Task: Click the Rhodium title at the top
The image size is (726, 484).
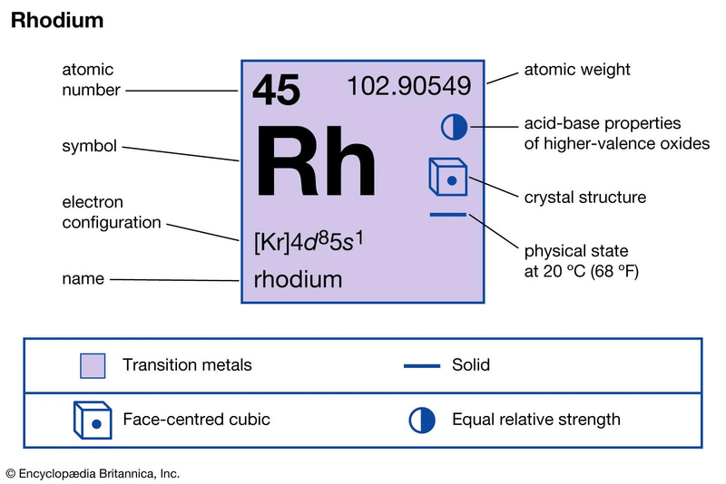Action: tap(57, 20)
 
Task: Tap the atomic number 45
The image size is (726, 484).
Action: tap(277, 90)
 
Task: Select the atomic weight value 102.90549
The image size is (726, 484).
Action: tap(409, 86)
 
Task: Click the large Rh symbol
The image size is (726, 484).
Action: tap(316, 160)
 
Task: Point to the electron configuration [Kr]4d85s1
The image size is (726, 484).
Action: tap(309, 242)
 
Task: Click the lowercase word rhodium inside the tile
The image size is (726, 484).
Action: tap(298, 279)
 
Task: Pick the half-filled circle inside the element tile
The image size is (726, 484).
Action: tap(454, 127)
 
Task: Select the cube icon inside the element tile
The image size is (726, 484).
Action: tap(447, 177)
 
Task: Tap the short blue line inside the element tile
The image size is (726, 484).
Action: tap(447, 215)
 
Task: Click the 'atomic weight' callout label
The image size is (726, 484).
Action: tap(577, 70)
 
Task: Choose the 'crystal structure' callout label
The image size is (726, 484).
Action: tap(584, 197)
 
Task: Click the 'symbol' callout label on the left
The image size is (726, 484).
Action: tap(89, 146)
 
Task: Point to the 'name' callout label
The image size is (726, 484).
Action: tap(83, 279)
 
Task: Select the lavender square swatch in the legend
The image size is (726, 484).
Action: tap(93, 366)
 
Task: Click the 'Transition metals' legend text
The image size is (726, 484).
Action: tap(187, 364)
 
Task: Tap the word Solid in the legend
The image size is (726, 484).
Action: tap(471, 364)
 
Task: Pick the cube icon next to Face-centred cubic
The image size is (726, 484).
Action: tap(93, 420)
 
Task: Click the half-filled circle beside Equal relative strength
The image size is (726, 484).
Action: tap(422, 421)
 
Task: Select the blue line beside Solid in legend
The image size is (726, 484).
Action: tap(422, 366)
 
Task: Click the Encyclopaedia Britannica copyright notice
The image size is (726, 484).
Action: tap(93, 474)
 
